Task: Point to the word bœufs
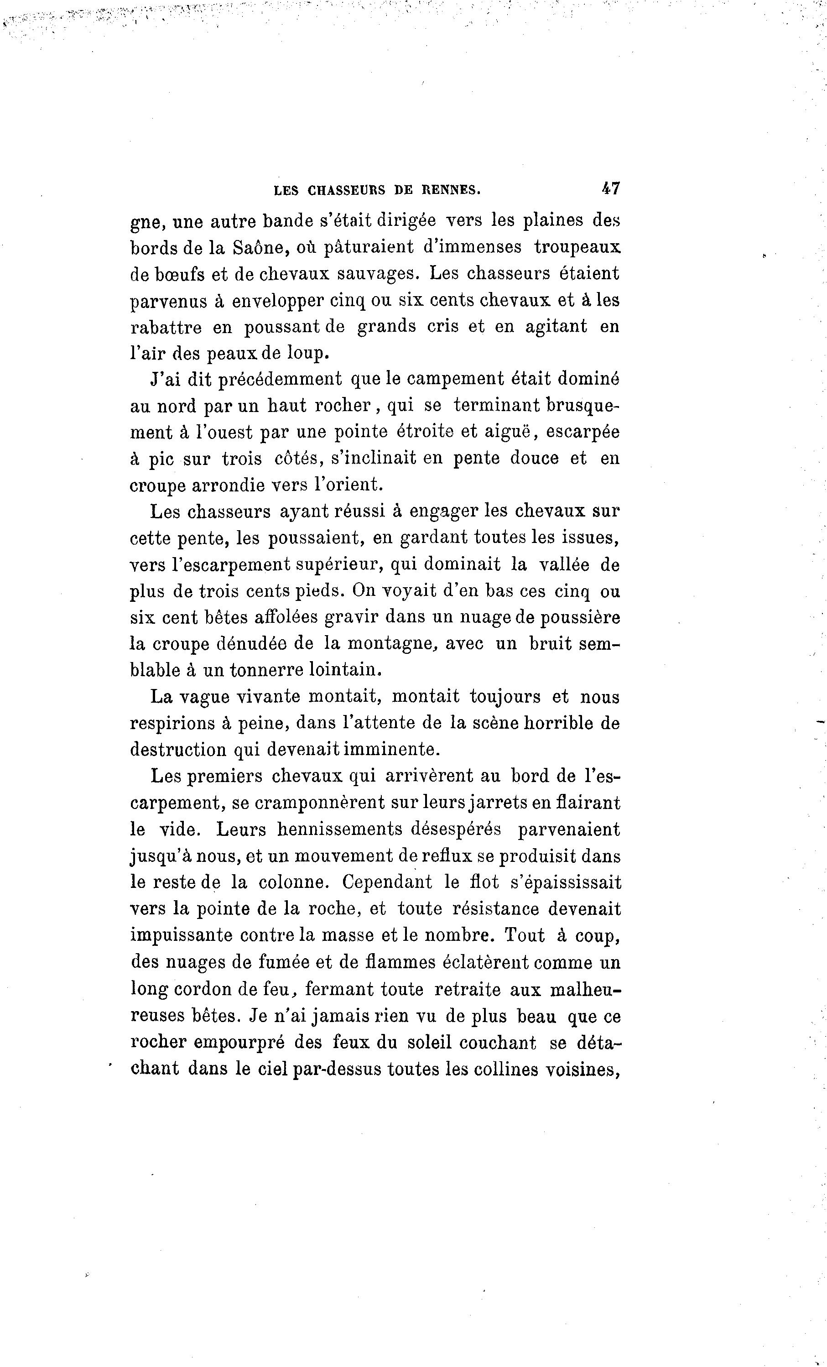179,274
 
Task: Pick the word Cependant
387,882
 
